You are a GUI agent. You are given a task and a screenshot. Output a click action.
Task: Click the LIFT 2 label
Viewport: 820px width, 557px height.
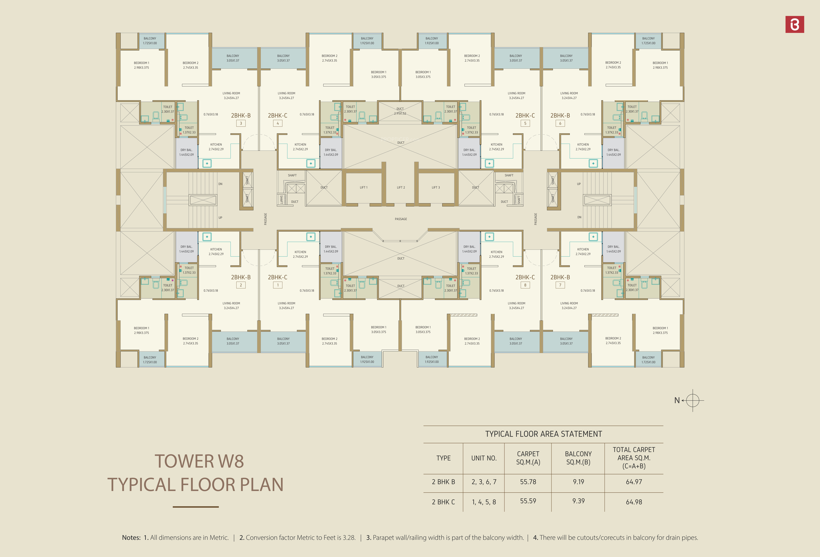coord(401,187)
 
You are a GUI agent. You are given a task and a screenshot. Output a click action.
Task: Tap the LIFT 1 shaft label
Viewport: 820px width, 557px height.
coord(363,187)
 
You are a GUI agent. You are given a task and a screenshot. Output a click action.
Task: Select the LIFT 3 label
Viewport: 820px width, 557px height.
coord(436,187)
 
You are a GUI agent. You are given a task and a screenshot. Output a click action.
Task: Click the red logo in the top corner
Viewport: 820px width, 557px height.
coord(795,24)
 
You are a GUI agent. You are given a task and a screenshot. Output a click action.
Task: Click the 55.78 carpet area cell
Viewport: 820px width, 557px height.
coord(528,482)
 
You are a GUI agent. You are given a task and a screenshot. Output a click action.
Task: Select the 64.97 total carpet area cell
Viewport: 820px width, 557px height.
coord(634,482)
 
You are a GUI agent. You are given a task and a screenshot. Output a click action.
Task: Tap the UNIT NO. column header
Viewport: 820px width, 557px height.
coord(484,458)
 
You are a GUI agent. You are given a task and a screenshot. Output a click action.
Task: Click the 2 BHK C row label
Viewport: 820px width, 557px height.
coord(443,502)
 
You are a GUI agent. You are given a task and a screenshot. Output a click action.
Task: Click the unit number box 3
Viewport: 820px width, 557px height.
coord(241,123)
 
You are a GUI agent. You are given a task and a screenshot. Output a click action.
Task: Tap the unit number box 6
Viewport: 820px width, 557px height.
coord(560,123)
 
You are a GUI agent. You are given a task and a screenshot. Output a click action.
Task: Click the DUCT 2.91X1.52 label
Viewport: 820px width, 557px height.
coord(400,111)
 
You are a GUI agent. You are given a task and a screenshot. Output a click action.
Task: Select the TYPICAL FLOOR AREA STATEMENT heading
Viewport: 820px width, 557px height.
coord(543,434)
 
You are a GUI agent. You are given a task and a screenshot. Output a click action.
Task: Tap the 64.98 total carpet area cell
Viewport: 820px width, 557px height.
coord(634,502)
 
